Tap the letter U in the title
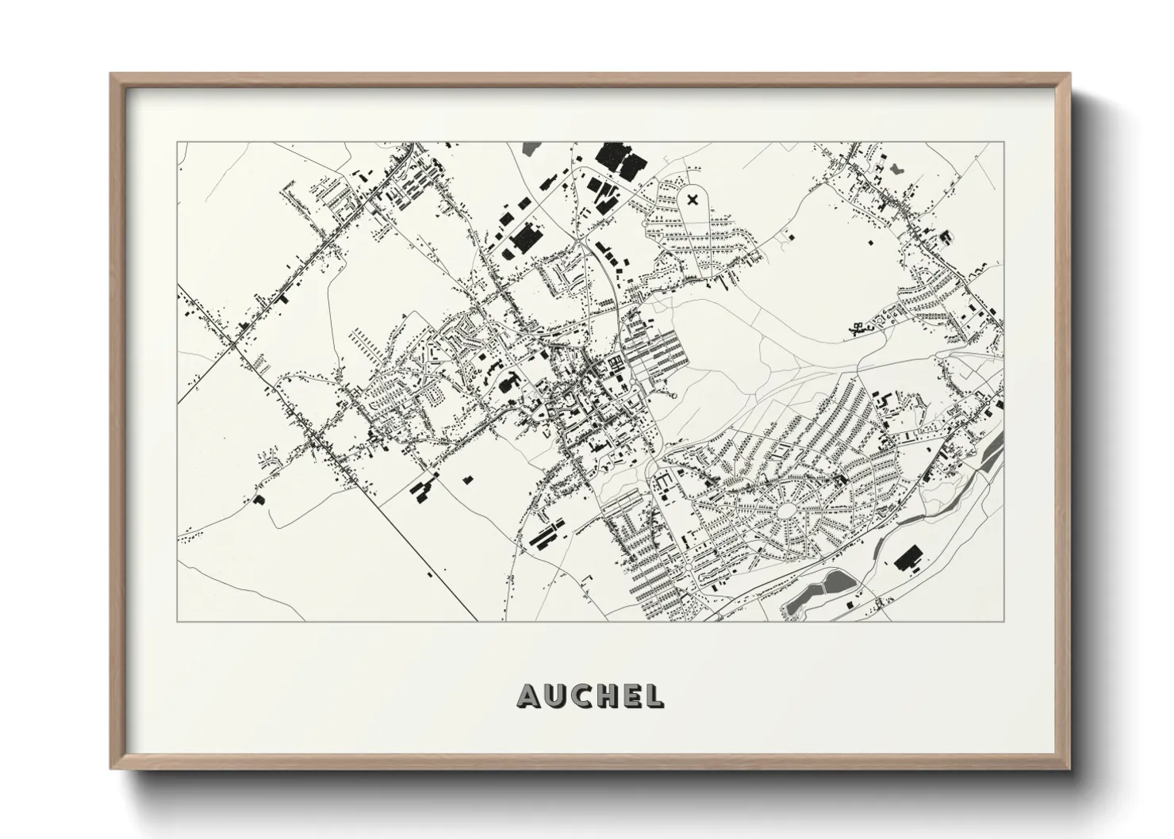click(555, 695)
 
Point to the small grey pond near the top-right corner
click(897, 168)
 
